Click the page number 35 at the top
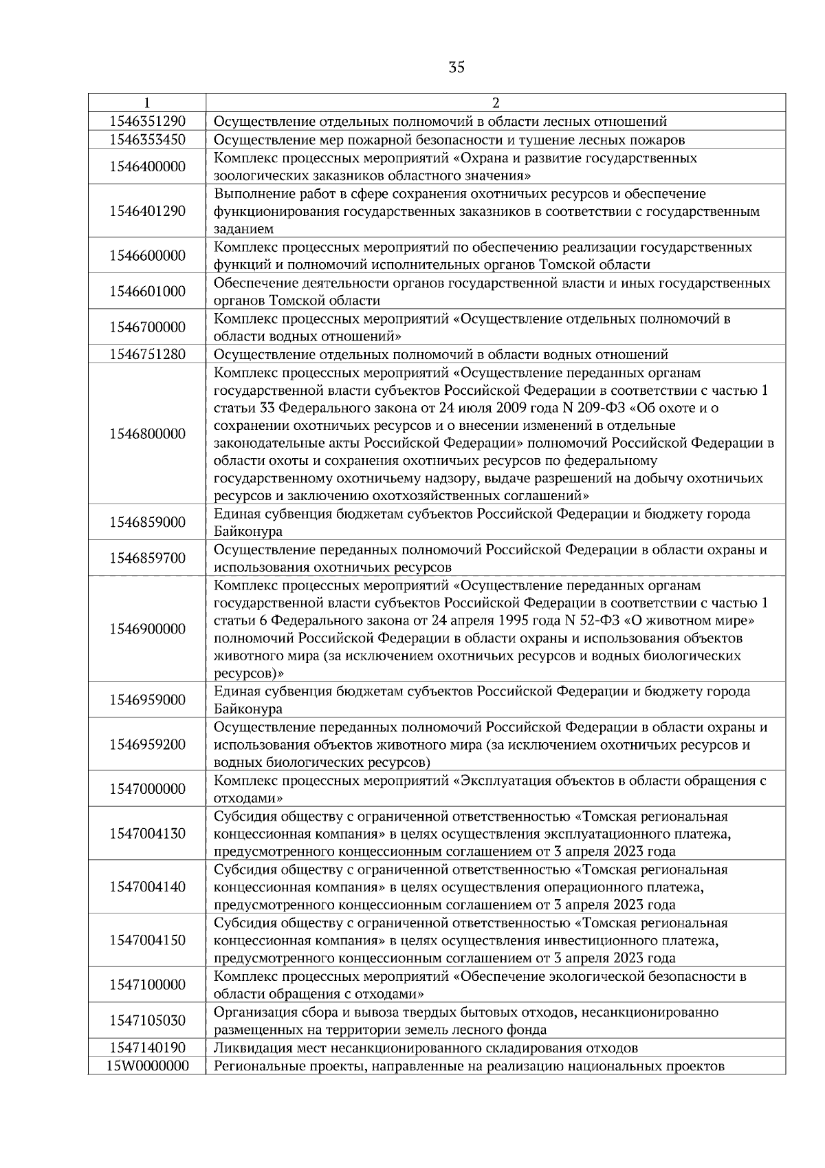click(x=456, y=67)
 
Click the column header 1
click(x=147, y=103)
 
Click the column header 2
click(x=496, y=103)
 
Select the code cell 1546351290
click(x=147, y=122)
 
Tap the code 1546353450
click(x=147, y=140)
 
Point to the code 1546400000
click(x=147, y=166)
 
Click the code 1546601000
click(x=147, y=292)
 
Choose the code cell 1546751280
click(x=147, y=354)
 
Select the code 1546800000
click(x=147, y=434)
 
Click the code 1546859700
click(x=147, y=558)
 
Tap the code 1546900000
click(x=147, y=629)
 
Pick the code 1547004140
click(x=147, y=887)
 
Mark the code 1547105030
click(x=147, y=1021)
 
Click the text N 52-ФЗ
click(x=587, y=620)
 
